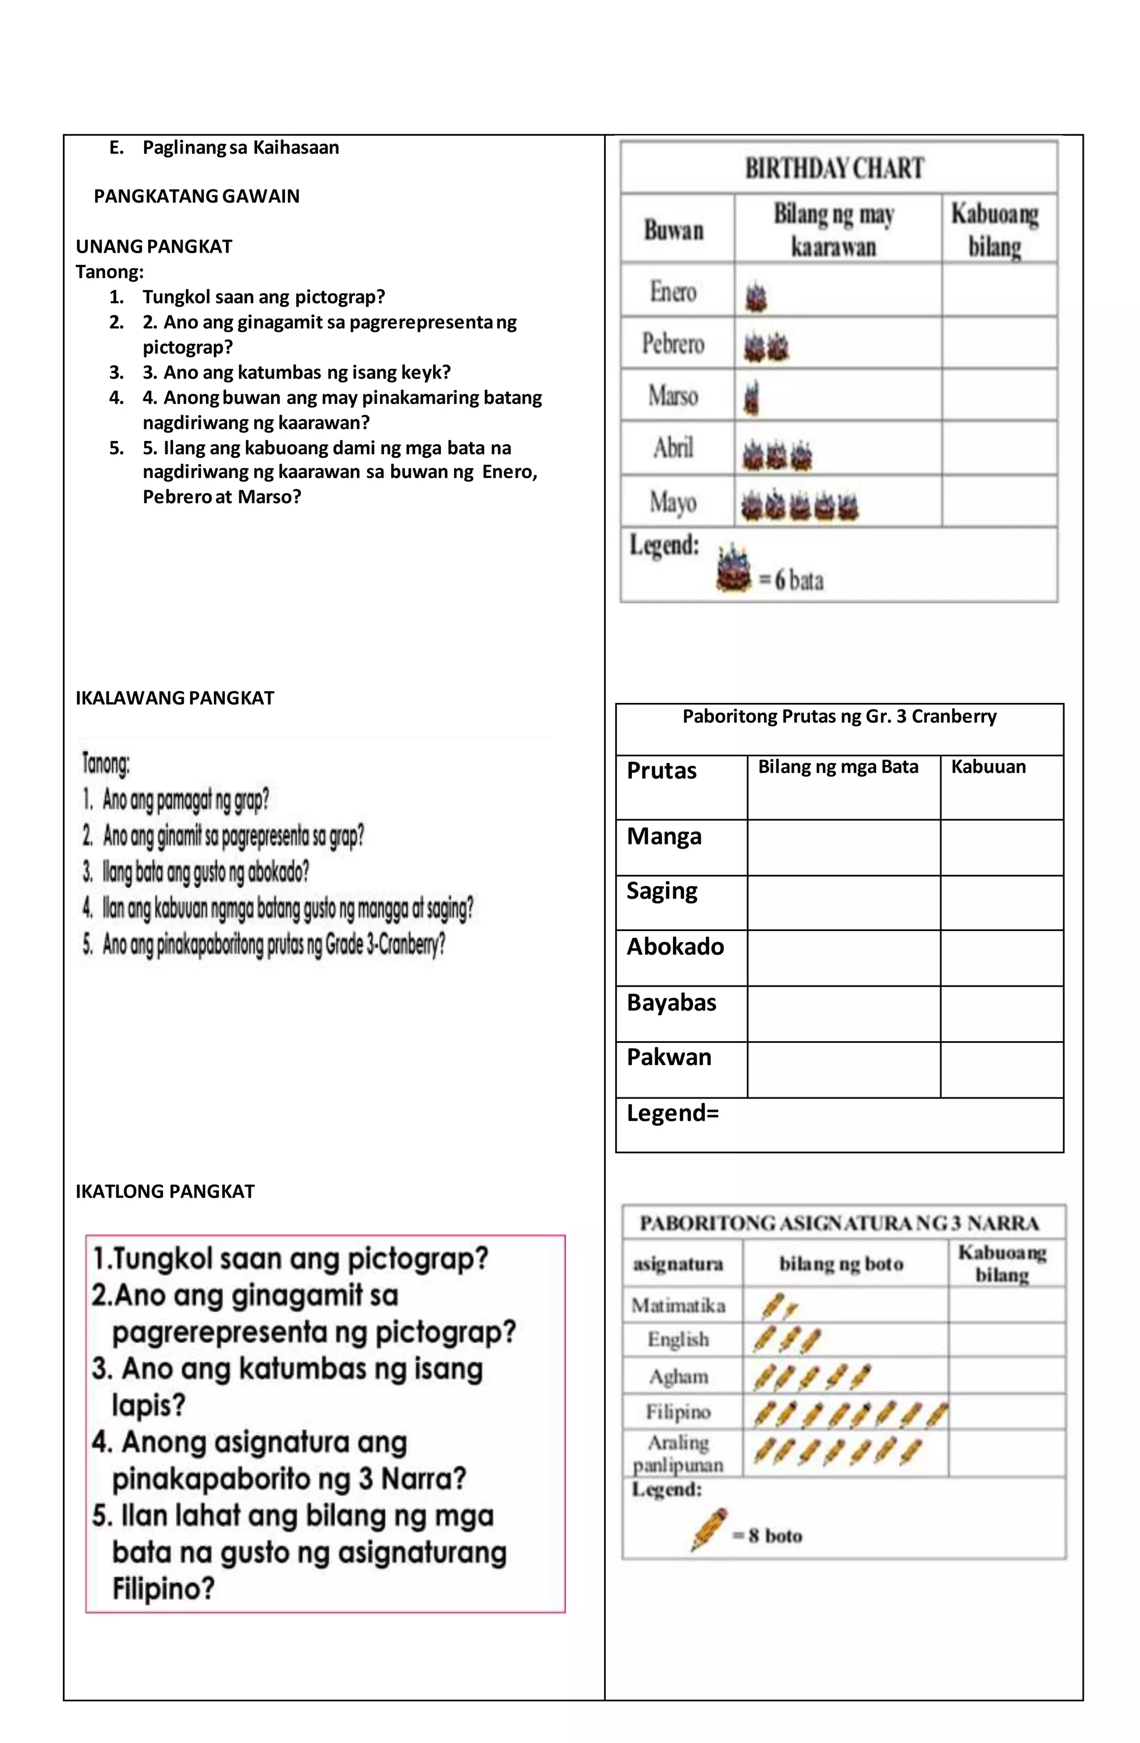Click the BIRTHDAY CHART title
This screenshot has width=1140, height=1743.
[x=834, y=169]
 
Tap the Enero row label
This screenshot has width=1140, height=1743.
[x=672, y=292]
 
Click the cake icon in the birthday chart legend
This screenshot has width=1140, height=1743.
[x=734, y=568]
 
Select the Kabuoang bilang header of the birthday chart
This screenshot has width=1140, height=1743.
[x=995, y=230]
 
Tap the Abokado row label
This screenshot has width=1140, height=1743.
[x=675, y=947]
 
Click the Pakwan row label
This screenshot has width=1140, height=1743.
[x=669, y=1057]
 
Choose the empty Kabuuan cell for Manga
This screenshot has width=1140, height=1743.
[x=1001, y=848]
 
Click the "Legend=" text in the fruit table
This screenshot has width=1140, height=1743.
[x=672, y=1113]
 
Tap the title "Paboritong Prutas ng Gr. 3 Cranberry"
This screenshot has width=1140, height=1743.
[x=839, y=716]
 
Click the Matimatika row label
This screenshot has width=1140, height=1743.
[x=679, y=1305]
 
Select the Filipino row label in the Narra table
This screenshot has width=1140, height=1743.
[x=677, y=1411]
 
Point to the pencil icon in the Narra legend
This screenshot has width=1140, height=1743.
[x=709, y=1529]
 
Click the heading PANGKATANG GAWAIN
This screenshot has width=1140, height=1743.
[x=196, y=196]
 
